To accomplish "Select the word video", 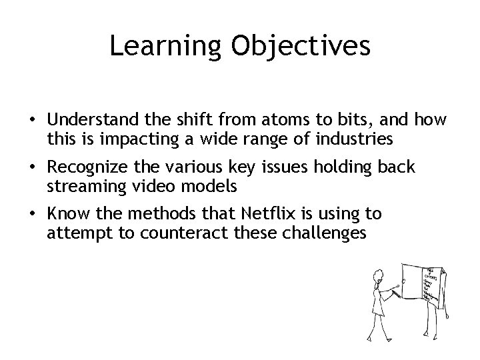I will [151, 186].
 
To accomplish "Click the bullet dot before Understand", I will [32, 121].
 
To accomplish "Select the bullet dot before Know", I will [32, 215].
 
